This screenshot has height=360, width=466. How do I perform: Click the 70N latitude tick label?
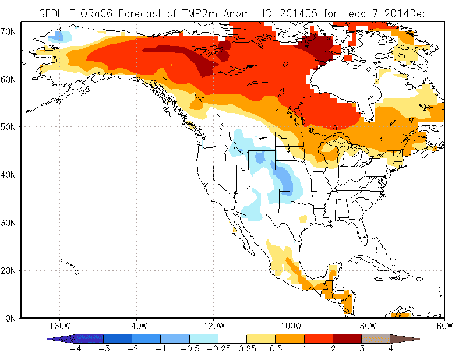pyautogui.click(x=8, y=31)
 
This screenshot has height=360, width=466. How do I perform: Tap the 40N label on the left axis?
pyautogui.click(x=8, y=175)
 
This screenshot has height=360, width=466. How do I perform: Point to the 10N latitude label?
pyautogui.click(x=8, y=319)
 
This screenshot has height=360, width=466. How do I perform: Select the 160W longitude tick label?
pyautogui.click(x=60, y=326)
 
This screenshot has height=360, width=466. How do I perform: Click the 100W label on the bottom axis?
pyautogui.click(x=291, y=326)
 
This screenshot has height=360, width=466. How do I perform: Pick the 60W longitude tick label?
pyautogui.click(x=444, y=326)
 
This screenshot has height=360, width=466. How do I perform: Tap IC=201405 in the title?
pyautogui.click(x=290, y=13)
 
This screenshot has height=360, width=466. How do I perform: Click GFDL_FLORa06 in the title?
pyautogui.click(x=76, y=13)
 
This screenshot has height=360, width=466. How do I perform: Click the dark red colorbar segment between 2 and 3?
pyautogui.click(x=347, y=339)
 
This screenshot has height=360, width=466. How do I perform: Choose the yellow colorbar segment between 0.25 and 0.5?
pyautogui.click(x=260, y=339)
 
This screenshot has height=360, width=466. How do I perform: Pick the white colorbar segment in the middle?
pyautogui.click(x=232, y=339)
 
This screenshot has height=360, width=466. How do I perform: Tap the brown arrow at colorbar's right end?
pyautogui.click(x=404, y=339)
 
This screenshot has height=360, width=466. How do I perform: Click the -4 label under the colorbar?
pyautogui.click(x=76, y=348)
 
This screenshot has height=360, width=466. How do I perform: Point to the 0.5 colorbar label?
pyautogui.click(x=276, y=348)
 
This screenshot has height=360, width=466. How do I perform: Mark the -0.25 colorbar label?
pyautogui.click(x=218, y=348)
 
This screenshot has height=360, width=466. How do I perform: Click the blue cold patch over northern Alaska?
pyautogui.click(x=60, y=36)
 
